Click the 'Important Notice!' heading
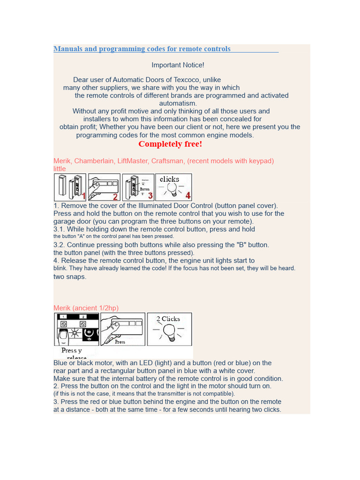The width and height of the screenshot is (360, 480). coord(178,65)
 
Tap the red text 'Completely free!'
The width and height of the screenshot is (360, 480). coord(170,144)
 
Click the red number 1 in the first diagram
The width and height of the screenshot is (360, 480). coord(83,196)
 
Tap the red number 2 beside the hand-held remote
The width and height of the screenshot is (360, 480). coord(115,196)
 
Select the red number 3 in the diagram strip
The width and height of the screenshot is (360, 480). coord(150,195)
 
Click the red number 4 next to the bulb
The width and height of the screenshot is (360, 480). coord(187,195)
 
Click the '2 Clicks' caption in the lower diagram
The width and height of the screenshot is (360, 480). coord(168,319)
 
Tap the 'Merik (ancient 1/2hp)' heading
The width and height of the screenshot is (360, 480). coord(86,308)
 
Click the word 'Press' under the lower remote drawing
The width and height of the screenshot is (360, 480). coord(120,342)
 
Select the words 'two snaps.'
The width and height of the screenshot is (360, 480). coord(70,277)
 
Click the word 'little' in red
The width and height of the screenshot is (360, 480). coord(60,169)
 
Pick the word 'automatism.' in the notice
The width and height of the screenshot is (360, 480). coord(178,103)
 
